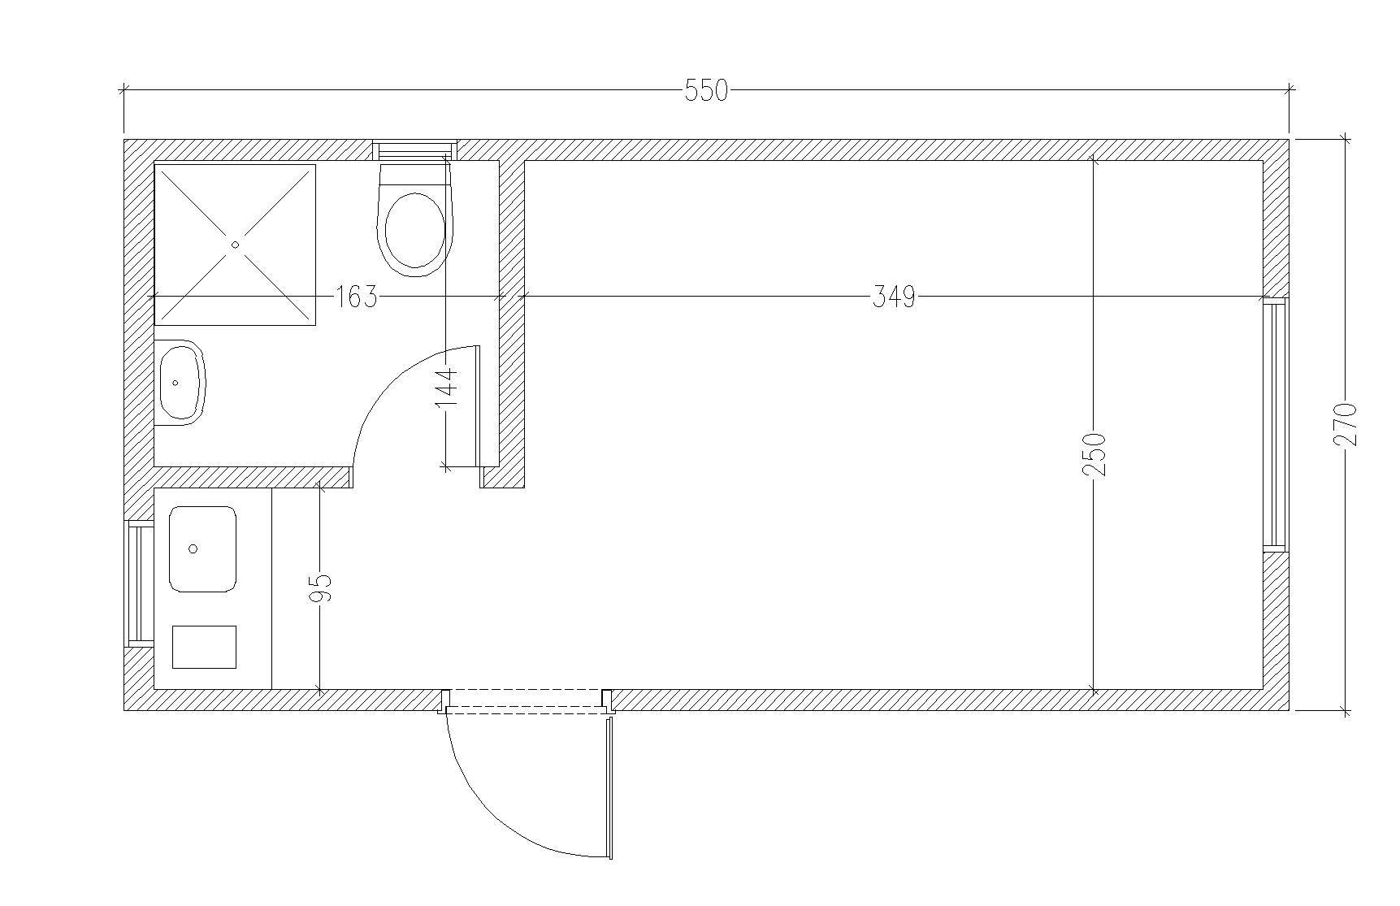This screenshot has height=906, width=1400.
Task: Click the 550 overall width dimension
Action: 706,90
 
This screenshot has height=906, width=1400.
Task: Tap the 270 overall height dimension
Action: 1346,423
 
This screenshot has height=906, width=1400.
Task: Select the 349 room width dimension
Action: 894,297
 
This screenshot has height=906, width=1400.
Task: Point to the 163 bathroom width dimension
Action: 357,297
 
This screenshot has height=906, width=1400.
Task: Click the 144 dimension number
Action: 446,388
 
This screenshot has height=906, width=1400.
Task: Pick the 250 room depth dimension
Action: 1094,453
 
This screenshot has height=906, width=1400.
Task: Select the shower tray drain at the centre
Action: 236,245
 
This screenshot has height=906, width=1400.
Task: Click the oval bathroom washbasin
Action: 180,383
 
